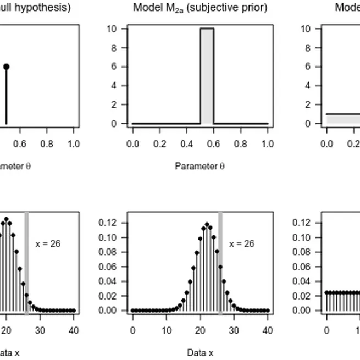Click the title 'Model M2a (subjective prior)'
[200, 8]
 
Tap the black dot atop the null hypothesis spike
[6, 67]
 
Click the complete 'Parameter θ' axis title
[200, 166]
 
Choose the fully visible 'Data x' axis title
[200, 352]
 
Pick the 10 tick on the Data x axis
[166, 330]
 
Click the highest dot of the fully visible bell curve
[207, 224]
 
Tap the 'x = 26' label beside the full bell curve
[241, 243]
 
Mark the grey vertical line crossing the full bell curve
[220, 264]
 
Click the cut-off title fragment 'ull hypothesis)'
[35, 8]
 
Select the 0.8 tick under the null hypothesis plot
[47, 143]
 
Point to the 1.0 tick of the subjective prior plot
[267, 143]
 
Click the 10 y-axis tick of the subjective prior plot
[112, 29]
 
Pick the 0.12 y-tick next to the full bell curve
[107, 223]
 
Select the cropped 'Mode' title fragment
[347, 8]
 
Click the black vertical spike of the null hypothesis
[6, 96]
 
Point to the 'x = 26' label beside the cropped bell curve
[48, 243]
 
